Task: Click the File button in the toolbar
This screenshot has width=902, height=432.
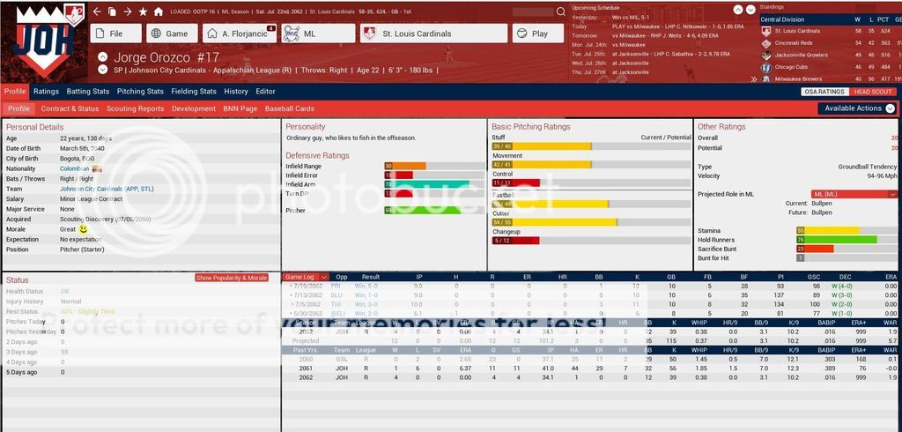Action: pyautogui.click(x=115, y=34)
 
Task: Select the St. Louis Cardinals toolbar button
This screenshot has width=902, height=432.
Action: pyautogui.click(x=433, y=34)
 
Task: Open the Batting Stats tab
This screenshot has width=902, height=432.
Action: pyautogui.click(x=88, y=91)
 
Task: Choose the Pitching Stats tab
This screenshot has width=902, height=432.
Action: pyautogui.click(x=140, y=91)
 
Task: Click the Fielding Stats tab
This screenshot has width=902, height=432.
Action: pyautogui.click(x=194, y=91)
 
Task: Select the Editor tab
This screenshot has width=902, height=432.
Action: pyautogui.click(x=265, y=91)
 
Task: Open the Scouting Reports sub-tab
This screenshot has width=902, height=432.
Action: pyautogui.click(x=135, y=108)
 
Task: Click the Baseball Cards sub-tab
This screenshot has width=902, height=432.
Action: pyautogui.click(x=290, y=108)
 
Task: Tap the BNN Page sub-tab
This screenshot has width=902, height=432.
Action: pyautogui.click(x=240, y=108)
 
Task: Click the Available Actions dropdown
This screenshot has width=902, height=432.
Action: pyautogui.click(x=856, y=108)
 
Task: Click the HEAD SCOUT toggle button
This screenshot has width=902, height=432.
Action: pyautogui.click(x=873, y=92)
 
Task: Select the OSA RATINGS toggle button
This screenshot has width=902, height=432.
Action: pyautogui.click(x=825, y=92)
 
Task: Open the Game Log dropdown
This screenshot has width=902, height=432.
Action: pyautogui.click(x=307, y=277)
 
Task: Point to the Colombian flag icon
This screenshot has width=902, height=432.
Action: pyautogui.click(x=97, y=168)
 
